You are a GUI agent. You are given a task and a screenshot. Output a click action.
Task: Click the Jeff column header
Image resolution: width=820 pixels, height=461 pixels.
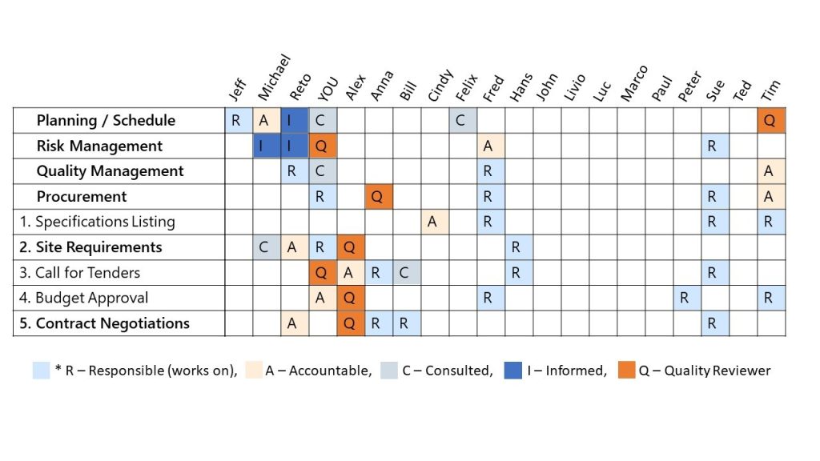point(237,89)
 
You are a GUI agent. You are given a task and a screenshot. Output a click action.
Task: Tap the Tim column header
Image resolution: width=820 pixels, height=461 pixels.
point(770,89)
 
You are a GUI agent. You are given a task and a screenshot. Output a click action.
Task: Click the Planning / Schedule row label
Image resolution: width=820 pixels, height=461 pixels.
point(106,121)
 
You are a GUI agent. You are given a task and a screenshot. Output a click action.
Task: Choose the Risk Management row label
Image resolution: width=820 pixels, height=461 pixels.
point(99,146)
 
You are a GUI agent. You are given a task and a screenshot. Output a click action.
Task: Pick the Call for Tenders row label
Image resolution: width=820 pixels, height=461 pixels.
point(79,272)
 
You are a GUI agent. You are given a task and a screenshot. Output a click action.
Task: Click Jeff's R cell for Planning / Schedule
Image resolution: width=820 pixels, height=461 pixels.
point(236,120)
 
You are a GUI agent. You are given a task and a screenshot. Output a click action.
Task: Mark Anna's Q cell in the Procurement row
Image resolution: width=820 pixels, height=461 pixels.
point(376,196)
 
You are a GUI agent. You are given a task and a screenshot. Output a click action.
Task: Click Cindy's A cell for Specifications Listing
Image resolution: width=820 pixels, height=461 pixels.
point(432,222)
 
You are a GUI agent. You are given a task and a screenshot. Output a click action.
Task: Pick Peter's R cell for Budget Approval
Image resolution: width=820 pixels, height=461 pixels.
point(685,298)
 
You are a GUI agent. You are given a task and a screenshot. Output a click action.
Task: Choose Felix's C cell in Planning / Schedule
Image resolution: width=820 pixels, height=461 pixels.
point(460,120)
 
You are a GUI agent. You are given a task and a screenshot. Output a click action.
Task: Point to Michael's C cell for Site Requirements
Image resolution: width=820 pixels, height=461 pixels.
point(264,247)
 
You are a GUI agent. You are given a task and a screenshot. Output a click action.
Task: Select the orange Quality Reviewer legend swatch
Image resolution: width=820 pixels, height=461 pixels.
point(627,370)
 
